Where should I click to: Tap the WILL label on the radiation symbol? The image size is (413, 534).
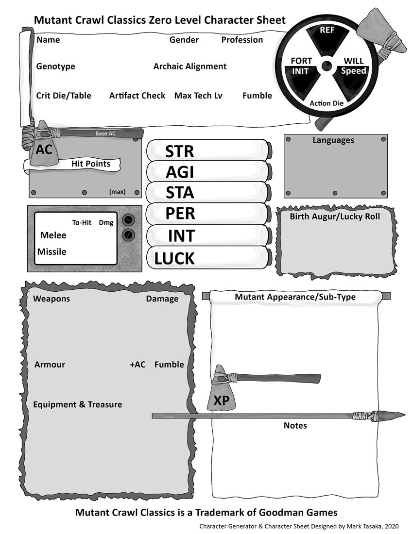353,61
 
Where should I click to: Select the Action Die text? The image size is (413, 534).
327,103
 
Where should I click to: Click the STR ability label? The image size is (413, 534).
179,151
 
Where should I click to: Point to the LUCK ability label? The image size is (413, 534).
174,259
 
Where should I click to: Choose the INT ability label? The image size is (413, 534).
181,236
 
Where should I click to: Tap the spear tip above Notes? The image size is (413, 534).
394,415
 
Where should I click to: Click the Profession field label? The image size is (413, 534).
242,40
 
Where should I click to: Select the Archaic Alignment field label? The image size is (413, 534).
190,67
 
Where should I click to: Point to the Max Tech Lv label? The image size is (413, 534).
198,96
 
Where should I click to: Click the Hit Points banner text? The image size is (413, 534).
91,164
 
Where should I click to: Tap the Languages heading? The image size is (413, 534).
333,140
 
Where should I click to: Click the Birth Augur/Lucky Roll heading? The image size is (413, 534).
335,217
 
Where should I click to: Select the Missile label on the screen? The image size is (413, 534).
52,252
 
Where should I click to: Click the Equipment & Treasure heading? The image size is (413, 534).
78,404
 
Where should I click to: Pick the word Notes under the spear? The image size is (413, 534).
295,426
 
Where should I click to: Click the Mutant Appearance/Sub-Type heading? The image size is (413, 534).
295,297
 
